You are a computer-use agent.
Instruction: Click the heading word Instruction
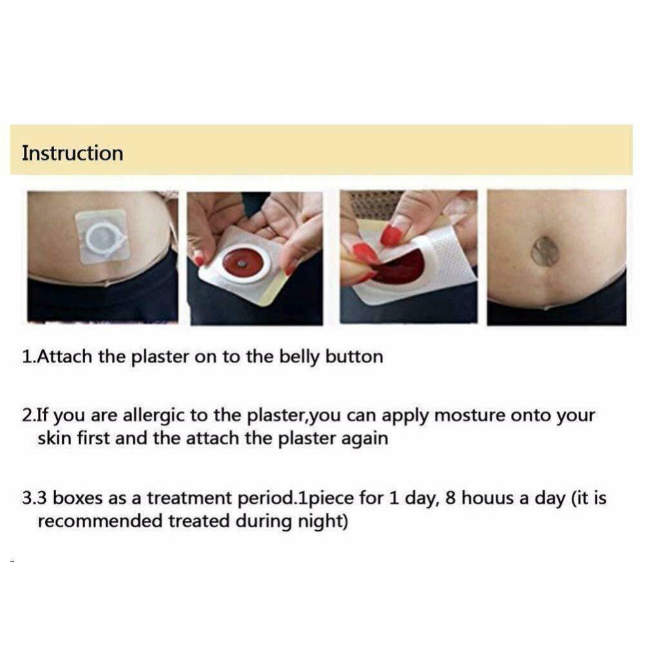[72, 154]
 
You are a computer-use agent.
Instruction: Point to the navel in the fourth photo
[544, 251]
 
